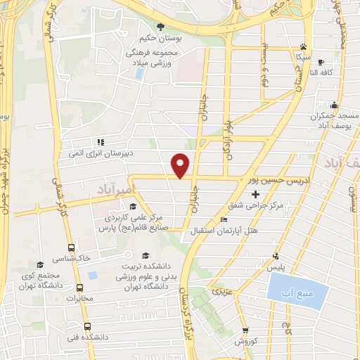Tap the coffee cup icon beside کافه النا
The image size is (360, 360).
(321, 62)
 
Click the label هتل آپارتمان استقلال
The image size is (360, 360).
(224, 231)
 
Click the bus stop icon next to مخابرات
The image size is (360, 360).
(79, 288)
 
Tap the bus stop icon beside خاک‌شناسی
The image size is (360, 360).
(71, 247)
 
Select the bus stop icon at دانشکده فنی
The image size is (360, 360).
(87, 326)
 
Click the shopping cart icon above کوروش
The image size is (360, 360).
(245, 330)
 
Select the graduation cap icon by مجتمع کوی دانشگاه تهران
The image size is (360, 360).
(40, 264)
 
